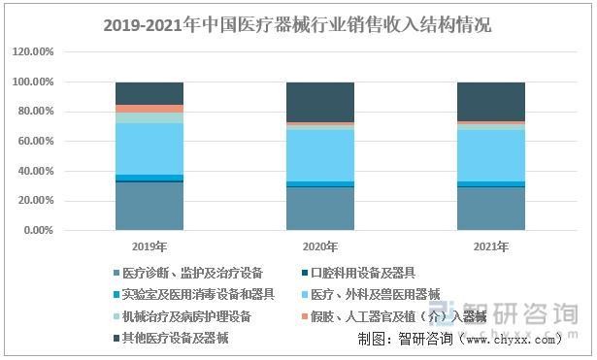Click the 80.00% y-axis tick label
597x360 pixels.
(36, 112)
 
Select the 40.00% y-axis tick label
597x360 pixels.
(36, 172)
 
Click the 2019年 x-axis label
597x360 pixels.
(149, 247)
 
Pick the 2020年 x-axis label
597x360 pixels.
(319, 247)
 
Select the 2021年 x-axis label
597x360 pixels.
(490, 247)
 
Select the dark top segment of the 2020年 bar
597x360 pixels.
(319, 102)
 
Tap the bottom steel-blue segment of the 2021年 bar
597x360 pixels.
(490, 209)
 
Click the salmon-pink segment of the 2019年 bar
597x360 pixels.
(149, 109)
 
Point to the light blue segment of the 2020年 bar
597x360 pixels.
(319, 154)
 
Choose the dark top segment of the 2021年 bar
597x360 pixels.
(490, 101)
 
